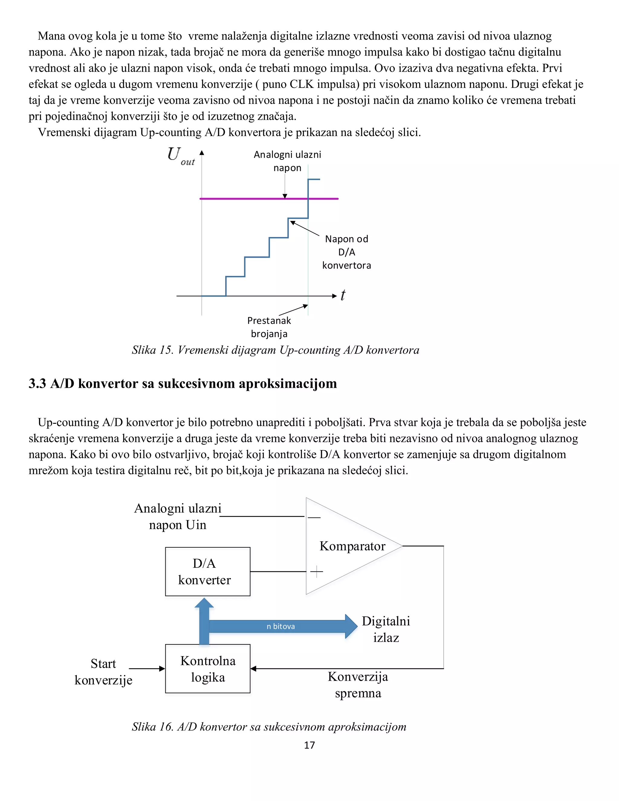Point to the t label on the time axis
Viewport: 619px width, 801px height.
(x=343, y=295)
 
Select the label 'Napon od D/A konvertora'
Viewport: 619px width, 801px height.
(x=347, y=252)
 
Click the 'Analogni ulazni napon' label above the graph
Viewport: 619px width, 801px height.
(x=287, y=161)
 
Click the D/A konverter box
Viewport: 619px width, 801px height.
(x=208, y=571)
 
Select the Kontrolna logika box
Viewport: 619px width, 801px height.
(x=208, y=668)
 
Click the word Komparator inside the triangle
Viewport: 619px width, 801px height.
(x=352, y=546)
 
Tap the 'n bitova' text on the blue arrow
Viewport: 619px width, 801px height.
(x=280, y=626)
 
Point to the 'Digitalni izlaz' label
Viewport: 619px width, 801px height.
(x=386, y=629)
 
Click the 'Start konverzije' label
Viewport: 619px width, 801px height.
(x=103, y=672)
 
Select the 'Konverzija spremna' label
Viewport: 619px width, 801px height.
(x=358, y=684)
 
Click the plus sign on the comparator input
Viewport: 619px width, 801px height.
(x=316, y=571)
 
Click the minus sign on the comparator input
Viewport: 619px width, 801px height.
(x=314, y=517)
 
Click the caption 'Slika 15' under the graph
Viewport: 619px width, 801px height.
(x=152, y=350)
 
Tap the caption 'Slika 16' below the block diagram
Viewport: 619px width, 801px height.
(x=152, y=727)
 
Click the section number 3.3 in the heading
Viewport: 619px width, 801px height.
(x=37, y=384)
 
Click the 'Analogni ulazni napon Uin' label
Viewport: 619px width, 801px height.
(x=178, y=516)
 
